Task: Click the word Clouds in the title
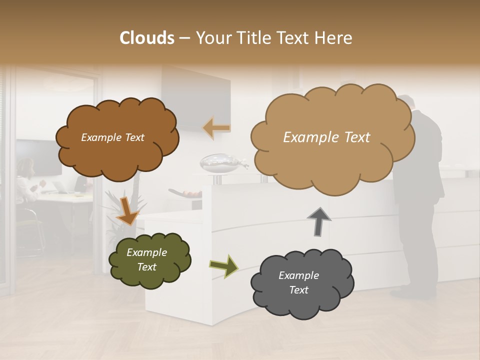click(x=147, y=38)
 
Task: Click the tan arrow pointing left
click(x=216, y=128)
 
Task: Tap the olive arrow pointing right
click(x=224, y=265)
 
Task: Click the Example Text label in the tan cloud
click(x=326, y=137)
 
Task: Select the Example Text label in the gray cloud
click(x=298, y=282)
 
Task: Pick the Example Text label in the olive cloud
click(x=146, y=259)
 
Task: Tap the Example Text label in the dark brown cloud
click(x=112, y=137)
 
